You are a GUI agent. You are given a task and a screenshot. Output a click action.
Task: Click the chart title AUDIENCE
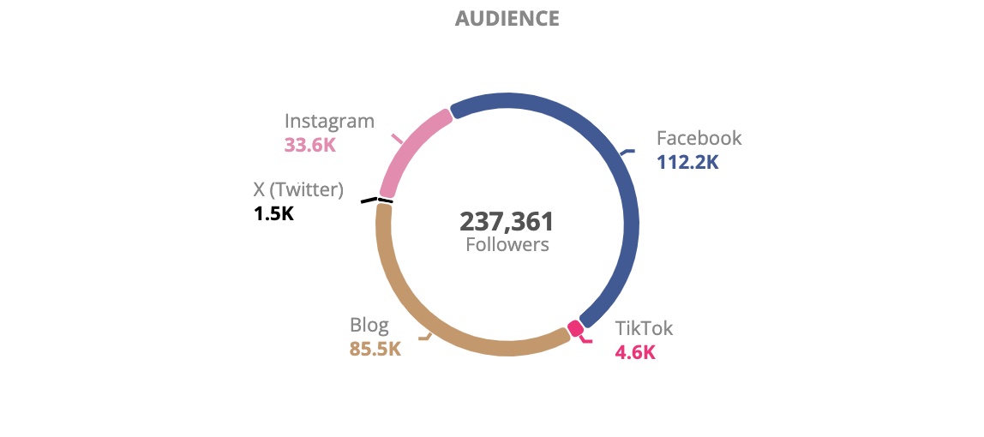(507, 18)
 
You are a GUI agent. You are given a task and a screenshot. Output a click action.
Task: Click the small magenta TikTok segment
(575, 328)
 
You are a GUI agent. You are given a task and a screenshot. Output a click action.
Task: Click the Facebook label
(699, 138)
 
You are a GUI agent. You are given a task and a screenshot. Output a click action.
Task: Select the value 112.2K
(687, 162)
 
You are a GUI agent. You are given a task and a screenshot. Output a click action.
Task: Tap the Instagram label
(329, 121)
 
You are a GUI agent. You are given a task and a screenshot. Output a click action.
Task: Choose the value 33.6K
(309, 145)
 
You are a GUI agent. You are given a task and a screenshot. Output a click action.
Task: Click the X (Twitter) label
(298, 189)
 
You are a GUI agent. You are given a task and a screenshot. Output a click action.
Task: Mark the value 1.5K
(273, 213)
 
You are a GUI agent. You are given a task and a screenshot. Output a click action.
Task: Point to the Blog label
(369, 326)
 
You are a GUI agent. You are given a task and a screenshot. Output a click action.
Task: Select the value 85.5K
(375, 350)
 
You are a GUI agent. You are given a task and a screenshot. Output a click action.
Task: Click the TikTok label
(644, 328)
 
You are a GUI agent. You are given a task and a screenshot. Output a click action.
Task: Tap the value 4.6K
(635, 352)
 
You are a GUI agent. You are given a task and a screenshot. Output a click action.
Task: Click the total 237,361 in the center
(507, 222)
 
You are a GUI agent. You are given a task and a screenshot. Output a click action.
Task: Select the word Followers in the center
(507, 245)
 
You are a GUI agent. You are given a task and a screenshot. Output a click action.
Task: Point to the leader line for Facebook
(627, 152)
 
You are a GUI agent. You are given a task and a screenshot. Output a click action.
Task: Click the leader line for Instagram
(396, 138)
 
